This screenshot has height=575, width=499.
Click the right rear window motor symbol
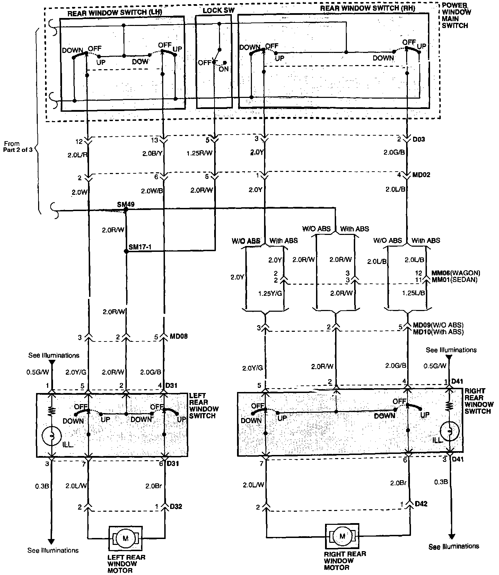[342, 536]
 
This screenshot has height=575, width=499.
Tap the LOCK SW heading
[218, 10]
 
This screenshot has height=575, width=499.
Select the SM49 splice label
[125, 204]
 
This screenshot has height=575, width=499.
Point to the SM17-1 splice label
[140, 247]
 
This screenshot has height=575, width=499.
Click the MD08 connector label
[179, 336]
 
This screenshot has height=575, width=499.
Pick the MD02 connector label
[421, 175]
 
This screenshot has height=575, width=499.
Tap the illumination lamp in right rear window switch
[449, 431]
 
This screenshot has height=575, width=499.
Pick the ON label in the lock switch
[224, 69]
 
